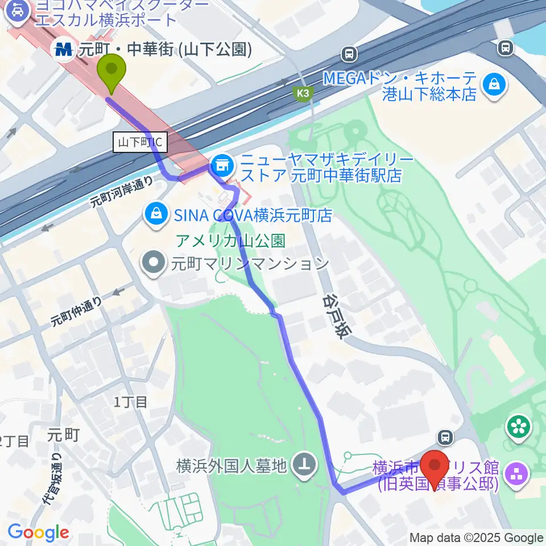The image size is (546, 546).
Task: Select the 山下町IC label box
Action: coord(142,143)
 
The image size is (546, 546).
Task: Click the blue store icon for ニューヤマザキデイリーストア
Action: coord(220,166)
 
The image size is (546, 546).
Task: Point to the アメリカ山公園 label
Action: coord(230,241)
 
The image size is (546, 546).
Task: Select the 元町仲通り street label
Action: coord(76,311)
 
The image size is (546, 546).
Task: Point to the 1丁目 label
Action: coord(130,402)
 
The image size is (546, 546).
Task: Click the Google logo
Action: coord(38,533)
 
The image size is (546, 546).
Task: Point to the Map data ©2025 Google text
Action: coord(477,537)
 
